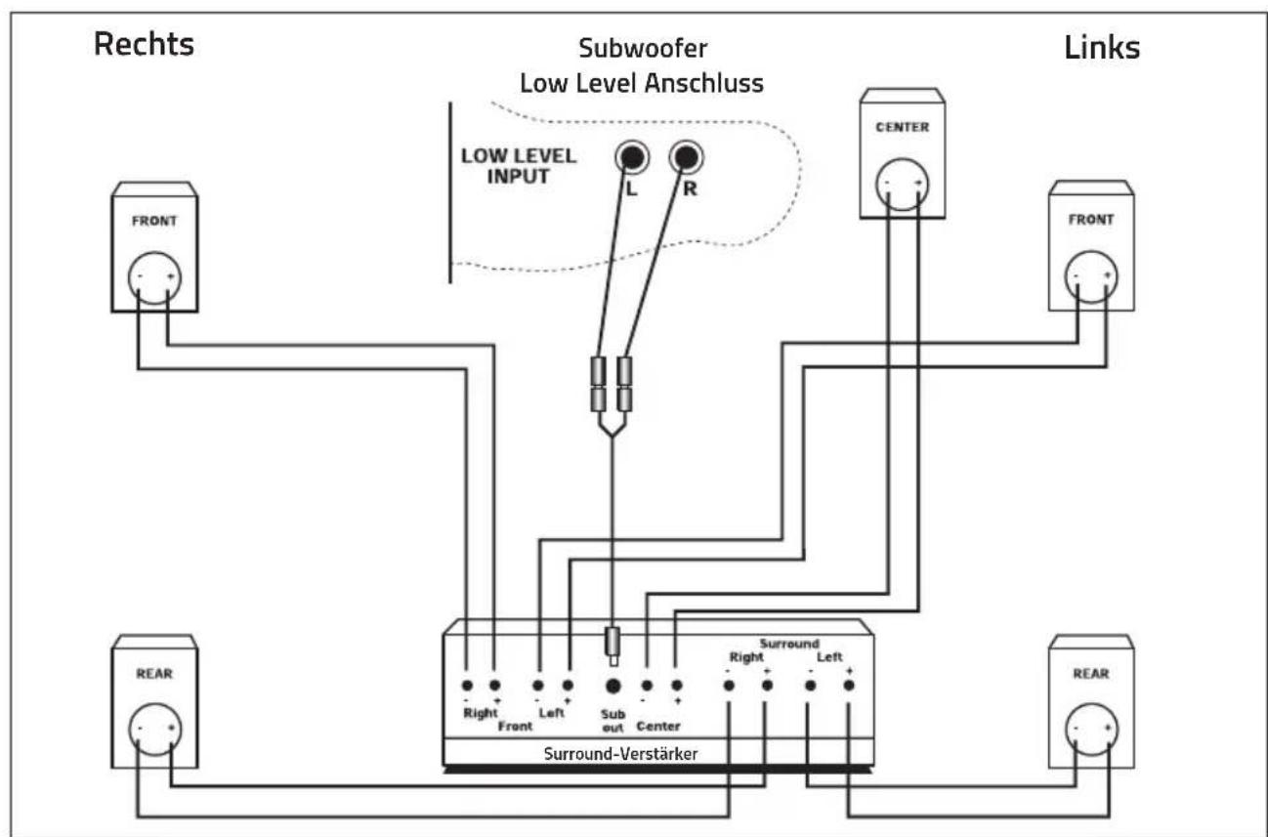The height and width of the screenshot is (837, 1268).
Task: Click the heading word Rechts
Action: (x=144, y=44)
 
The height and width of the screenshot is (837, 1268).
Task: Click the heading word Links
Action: (x=1102, y=48)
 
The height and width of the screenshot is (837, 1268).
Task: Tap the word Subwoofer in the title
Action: (x=643, y=49)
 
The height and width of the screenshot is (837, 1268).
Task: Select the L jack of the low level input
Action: (x=632, y=157)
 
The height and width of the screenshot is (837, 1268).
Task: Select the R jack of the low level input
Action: (x=686, y=157)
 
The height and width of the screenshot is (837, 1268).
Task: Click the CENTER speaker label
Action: (x=903, y=127)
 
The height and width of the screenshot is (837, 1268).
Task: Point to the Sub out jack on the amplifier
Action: (x=613, y=686)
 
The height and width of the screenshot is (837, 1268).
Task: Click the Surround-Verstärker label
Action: (x=620, y=754)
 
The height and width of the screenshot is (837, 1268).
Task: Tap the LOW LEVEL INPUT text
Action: (x=519, y=166)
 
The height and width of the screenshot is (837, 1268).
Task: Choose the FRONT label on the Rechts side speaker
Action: (x=154, y=221)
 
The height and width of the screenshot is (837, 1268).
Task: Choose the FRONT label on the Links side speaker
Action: (x=1091, y=220)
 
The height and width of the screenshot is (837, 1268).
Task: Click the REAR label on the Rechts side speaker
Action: (x=154, y=674)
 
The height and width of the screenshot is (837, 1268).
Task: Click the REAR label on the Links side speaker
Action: (x=1091, y=674)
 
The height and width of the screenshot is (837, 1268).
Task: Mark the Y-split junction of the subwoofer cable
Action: (x=612, y=436)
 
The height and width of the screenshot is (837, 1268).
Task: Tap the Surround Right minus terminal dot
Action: (x=729, y=686)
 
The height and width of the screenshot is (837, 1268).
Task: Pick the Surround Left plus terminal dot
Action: (x=849, y=686)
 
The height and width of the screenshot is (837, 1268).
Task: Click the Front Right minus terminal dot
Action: (x=467, y=686)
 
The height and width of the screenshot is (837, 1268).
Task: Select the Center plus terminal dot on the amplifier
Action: (x=676, y=686)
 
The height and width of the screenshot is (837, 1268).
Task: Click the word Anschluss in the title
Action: (x=703, y=83)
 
